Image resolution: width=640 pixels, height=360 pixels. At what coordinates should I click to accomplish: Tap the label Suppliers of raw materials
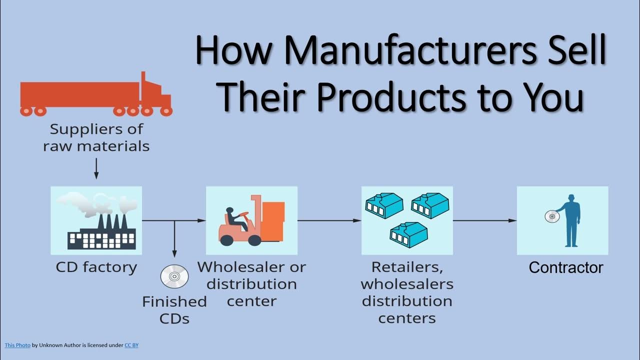[x=96, y=137]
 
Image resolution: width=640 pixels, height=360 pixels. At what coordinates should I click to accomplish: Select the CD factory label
[x=96, y=267]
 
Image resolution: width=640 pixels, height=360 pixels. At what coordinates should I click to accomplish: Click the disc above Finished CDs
[x=174, y=276]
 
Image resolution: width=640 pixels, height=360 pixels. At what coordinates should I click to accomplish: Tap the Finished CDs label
[x=174, y=309]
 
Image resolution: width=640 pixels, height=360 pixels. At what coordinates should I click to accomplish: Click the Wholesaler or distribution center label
[x=251, y=283]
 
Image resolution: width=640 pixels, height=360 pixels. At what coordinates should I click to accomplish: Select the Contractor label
[x=565, y=267]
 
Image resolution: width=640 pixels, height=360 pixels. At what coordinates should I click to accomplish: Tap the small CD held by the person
[x=551, y=216]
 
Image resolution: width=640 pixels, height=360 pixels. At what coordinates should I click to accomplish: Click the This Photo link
[x=17, y=345]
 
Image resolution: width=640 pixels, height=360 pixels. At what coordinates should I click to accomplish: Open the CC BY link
[x=131, y=345]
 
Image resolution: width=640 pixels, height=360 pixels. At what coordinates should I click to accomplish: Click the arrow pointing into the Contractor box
[x=484, y=220]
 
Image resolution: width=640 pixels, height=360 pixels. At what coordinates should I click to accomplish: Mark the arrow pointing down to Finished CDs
[x=174, y=240]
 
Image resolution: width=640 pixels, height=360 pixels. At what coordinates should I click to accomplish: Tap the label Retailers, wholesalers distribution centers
[x=407, y=292]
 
